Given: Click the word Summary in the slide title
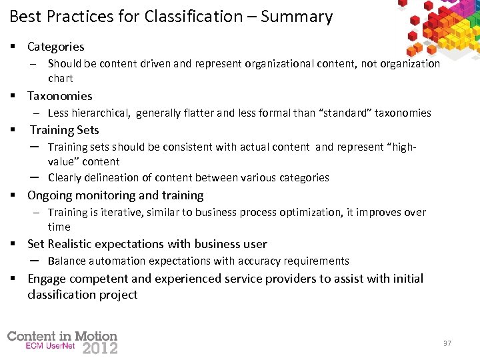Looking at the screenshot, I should coord(297,17).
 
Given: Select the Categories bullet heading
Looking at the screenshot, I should coord(56,47).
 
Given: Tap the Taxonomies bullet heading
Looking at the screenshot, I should coord(60,96).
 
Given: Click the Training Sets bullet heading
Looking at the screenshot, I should coord(64,130).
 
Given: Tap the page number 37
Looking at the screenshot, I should coord(447,343).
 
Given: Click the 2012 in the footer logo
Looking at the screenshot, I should coord(100,347).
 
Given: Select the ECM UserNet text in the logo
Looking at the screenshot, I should coord(51,347).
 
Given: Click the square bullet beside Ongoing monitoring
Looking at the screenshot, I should coord(13,196).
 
